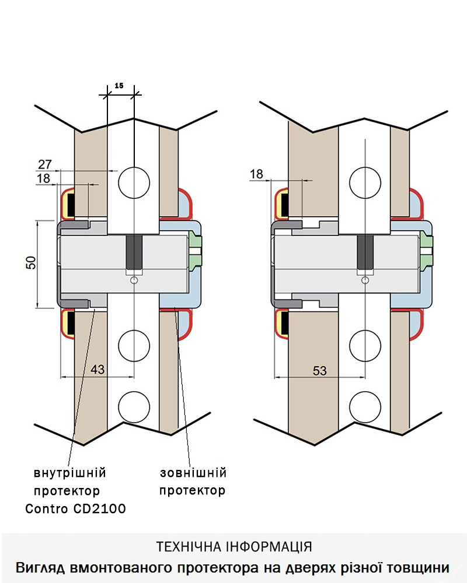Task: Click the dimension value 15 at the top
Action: [x=119, y=85]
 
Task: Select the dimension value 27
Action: [x=46, y=164]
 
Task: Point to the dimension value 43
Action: [x=99, y=369]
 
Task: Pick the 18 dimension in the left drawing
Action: [x=44, y=178]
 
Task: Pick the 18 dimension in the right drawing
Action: [x=257, y=174]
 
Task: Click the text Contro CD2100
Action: [x=76, y=508]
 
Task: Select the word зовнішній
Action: [x=193, y=472]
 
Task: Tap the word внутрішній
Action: [x=70, y=472]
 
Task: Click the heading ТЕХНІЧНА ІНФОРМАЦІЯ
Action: [x=234, y=546]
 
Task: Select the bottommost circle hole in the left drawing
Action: [x=134, y=406]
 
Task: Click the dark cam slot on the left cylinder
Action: [x=135, y=252]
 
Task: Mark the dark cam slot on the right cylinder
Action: [x=365, y=252]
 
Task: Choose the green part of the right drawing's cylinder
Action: [x=426, y=249]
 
